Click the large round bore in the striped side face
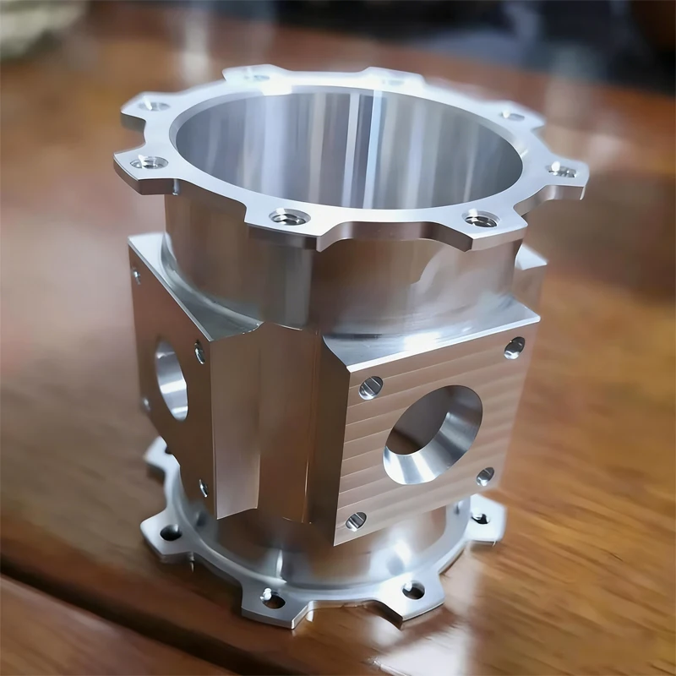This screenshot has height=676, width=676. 433,433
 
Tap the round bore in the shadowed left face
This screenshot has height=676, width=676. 170,379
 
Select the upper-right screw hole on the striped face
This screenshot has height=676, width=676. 514,346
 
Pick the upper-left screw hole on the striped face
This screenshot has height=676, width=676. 370,387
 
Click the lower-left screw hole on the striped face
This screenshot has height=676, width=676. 356,520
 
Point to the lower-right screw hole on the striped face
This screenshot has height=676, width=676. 485,476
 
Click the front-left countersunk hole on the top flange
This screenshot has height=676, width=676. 289,217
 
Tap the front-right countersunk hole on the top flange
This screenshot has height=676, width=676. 481,220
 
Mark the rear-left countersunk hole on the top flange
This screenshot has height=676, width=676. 155,106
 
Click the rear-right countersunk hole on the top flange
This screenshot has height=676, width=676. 512,115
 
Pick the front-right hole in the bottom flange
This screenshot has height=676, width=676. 413,589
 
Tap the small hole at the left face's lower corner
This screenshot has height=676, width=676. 204,488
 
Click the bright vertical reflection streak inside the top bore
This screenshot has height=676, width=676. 369,144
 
